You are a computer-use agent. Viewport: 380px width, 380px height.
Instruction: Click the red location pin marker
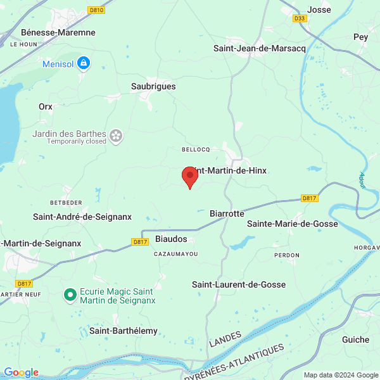pos(189,177)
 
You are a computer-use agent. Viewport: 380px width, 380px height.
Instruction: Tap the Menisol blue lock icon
pos(83,63)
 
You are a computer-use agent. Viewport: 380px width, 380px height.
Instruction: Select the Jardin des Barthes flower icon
pos(116,134)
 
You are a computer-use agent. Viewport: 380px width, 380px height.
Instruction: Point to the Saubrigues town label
pos(153,86)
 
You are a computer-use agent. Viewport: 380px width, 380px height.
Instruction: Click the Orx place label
pos(45,106)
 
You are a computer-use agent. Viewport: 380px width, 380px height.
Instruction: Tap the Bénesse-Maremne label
pos(58,32)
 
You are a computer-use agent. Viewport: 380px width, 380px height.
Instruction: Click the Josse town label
pos(319,9)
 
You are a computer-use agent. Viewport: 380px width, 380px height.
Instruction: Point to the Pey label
pos(360,37)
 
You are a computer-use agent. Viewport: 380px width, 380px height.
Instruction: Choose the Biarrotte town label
pos(227,213)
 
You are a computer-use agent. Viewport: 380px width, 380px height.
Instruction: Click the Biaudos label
pos(171,239)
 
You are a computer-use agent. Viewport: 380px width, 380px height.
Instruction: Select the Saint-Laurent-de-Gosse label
pos(239,285)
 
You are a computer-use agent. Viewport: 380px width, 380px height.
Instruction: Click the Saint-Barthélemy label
pos(123,331)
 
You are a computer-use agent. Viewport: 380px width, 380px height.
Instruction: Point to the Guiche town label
pos(355,339)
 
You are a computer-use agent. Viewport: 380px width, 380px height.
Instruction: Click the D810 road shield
pos(97,10)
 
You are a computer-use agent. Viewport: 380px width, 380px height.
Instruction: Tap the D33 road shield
pos(300,19)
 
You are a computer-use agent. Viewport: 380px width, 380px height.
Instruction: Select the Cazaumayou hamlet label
pos(176,254)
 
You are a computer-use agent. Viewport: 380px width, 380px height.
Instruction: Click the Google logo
pos(22,372)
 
